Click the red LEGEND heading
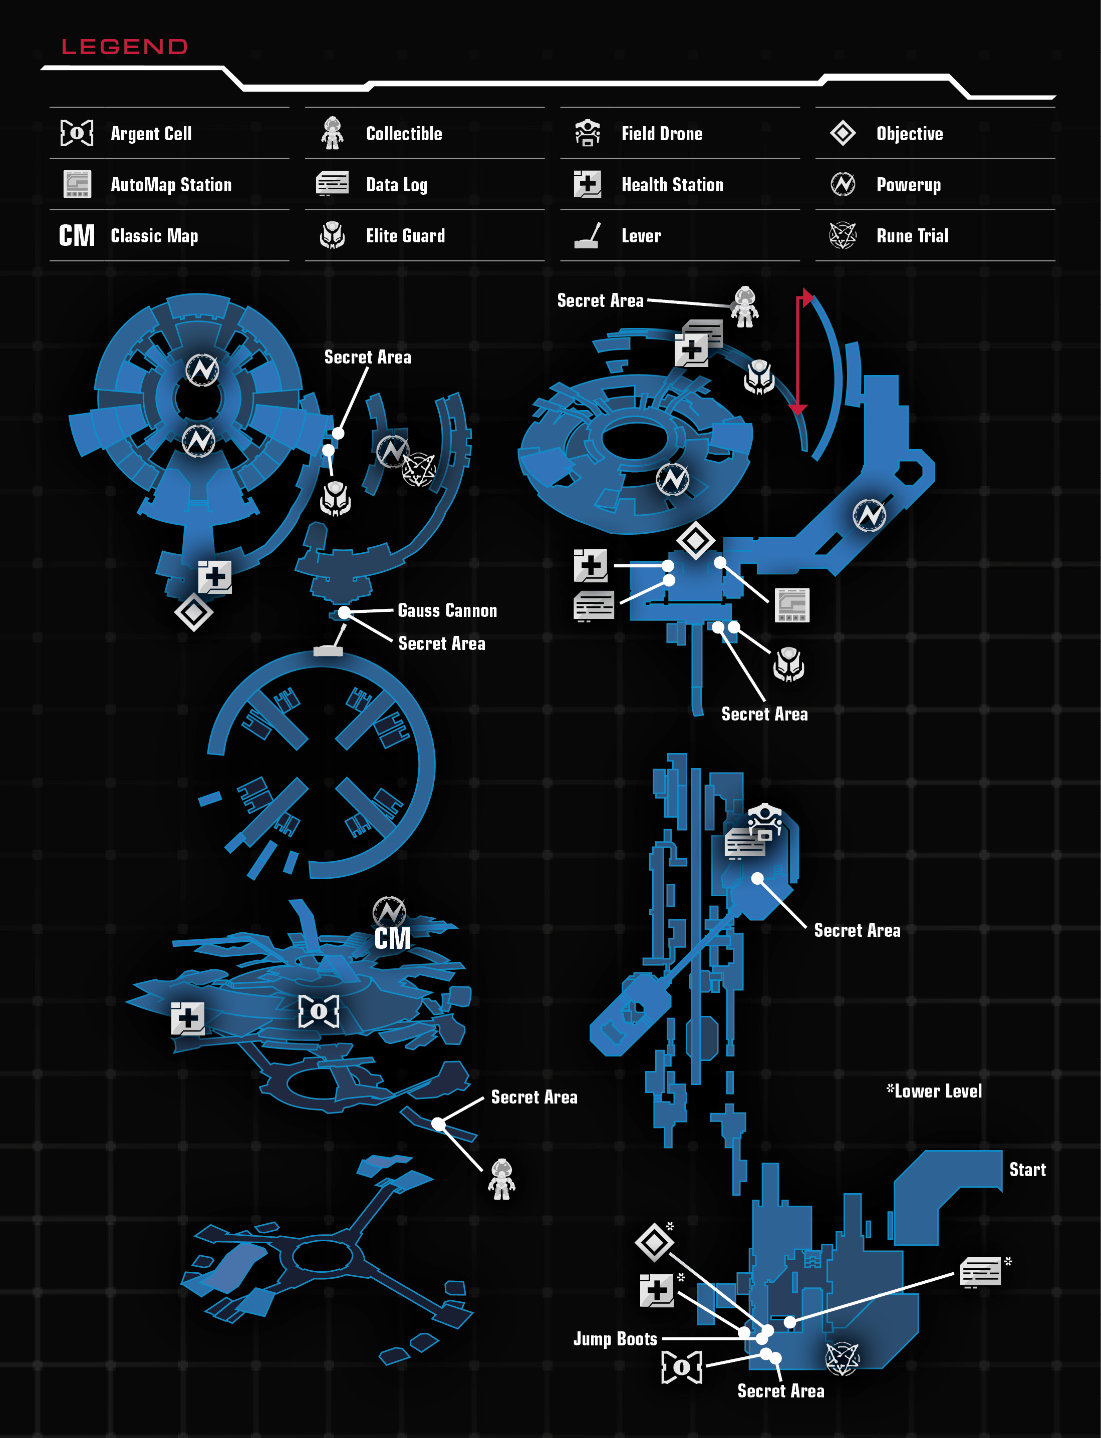click(125, 47)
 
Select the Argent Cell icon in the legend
click(77, 133)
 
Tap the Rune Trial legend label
click(912, 236)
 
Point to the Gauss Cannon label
click(448, 610)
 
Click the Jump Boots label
click(616, 1339)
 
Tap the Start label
click(1027, 1170)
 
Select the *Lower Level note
click(934, 1091)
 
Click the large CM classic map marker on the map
click(392, 938)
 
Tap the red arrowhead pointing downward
click(797, 410)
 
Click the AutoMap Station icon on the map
click(792, 605)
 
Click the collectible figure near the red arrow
click(745, 306)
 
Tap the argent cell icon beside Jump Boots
click(682, 1367)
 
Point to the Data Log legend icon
click(332, 184)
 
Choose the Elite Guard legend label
click(405, 236)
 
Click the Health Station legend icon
click(587, 184)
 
